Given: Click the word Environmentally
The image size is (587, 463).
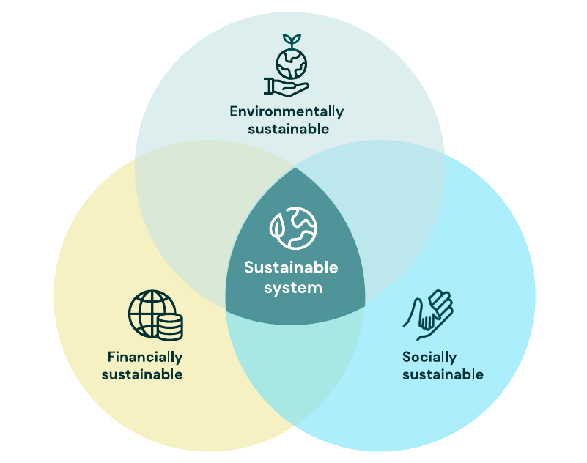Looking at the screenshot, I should [287, 112].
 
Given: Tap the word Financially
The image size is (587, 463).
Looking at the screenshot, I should [145, 358].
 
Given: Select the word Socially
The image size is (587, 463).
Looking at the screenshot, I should [429, 358].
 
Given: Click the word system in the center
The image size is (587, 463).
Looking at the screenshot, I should [293, 288].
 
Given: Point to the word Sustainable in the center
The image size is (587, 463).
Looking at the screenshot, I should [291, 267].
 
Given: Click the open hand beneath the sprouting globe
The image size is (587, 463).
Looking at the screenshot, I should [285, 87].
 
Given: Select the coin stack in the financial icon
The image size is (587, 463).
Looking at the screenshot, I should [169, 325].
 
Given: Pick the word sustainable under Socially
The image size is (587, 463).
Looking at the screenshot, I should [443, 375].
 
